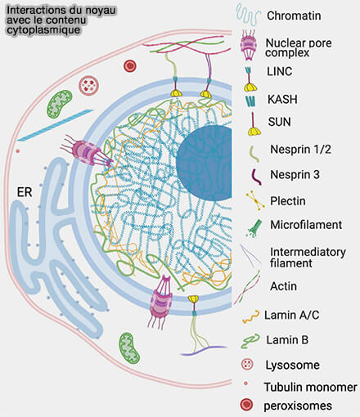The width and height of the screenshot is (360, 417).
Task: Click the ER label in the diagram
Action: click(25, 193)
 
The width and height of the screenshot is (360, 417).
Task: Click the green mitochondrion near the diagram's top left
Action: click(58, 103)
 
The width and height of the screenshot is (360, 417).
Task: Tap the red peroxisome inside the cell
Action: click(128, 66)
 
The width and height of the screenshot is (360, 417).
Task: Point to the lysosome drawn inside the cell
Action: click(89, 84)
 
